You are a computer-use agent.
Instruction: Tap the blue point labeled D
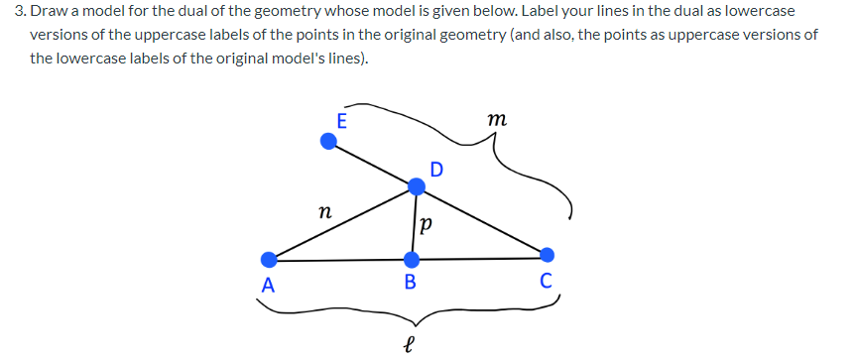click(x=418, y=184)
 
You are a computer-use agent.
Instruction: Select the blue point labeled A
click(x=269, y=260)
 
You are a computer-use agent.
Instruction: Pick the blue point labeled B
click(x=412, y=260)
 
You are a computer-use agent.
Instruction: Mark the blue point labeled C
click(x=547, y=254)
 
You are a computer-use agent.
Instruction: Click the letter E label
click(x=342, y=122)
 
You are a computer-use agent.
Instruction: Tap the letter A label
click(x=265, y=286)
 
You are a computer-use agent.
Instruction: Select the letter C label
click(x=548, y=280)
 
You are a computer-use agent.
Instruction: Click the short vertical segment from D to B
click(x=414, y=222)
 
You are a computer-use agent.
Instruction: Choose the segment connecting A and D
click(x=342, y=222)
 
